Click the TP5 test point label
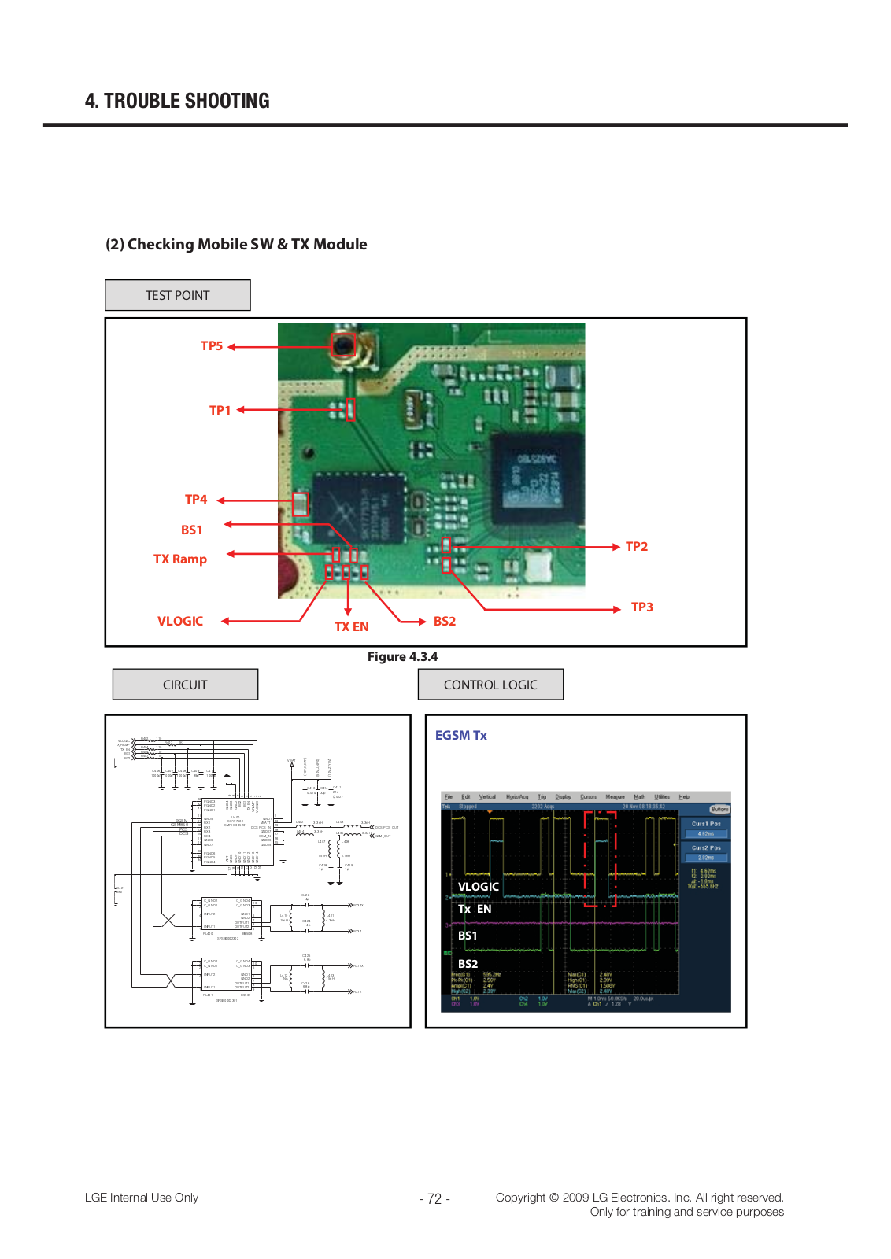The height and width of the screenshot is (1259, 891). (x=212, y=346)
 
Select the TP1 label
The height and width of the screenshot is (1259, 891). (x=220, y=410)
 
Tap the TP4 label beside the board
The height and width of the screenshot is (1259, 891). (x=196, y=500)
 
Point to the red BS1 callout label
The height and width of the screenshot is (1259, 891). (x=191, y=530)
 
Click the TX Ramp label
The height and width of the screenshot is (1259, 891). (x=179, y=559)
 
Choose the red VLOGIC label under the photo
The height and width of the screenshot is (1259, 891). (x=179, y=622)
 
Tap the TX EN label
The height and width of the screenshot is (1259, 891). (x=351, y=627)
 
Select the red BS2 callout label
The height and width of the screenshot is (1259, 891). (x=445, y=622)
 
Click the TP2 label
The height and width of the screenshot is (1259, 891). (x=637, y=547)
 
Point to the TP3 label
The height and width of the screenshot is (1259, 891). (x=642, y=607)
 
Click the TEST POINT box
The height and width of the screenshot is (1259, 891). (x=178, y=295)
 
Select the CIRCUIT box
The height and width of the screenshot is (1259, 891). (x=185, y=685)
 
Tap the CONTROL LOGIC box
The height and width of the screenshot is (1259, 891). (x=490, y=685)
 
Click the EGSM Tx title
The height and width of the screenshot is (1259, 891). (x=461, y=735)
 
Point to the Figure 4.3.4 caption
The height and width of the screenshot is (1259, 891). (x=402, y=657)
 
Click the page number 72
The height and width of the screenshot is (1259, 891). (x=434, y=1199)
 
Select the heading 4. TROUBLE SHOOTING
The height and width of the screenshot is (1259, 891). (x=177, y=101)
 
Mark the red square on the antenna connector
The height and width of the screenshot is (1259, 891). (x=343, y=345)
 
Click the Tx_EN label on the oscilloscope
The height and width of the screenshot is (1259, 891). (x=475, y=909)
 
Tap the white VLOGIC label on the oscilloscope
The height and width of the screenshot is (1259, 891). (x=479, y=887)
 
